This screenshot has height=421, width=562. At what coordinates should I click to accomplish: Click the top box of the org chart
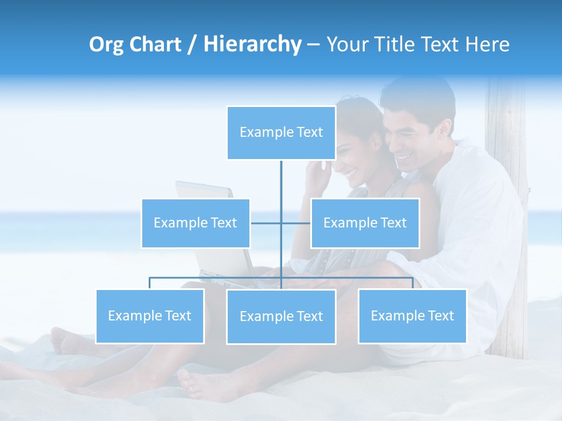point(281,133)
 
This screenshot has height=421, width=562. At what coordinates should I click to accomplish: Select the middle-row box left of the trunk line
point(196,223)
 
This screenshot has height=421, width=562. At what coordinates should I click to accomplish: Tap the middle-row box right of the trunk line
point(365,223)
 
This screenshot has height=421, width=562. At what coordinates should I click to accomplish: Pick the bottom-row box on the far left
point(150,316)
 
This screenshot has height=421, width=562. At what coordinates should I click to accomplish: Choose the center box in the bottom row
point(281,316)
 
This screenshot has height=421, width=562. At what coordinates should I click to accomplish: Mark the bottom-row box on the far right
point(412,316)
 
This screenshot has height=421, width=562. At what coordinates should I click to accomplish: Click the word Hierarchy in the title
point(252,44)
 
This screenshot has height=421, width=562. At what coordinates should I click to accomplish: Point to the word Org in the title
point(106,45)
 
